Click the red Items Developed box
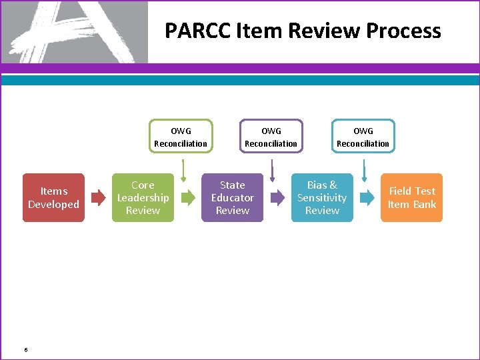click(x=53, y=198)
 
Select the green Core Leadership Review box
click(x=143, y=198)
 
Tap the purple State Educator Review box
click(x=232, y=198)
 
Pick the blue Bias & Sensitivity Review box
click(x=322, y=198)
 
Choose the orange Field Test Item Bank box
click(x=411, y=198)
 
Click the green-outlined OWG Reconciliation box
click(x=181, y=137)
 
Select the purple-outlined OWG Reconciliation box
click(x=271, y=137)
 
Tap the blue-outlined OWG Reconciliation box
click(x=363, y=137)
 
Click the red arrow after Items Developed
click(x=98, y=197)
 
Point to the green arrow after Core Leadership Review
click(x=188, y=197)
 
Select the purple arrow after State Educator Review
click(x=277, y=197)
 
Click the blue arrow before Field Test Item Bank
click(x=367, y=197)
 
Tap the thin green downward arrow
click(x=183, y=169)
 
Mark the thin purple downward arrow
click(x=272, y=169)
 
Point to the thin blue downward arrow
click(x=364, y=169)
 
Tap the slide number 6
click(x=25, y=349)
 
